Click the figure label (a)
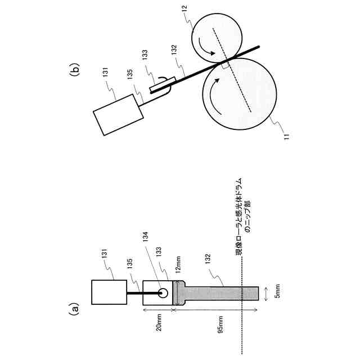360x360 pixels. (73, 309)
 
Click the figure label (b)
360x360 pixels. (73, 71)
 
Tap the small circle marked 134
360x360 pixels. (164, 293)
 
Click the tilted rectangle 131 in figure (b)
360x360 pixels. (118, 115)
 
